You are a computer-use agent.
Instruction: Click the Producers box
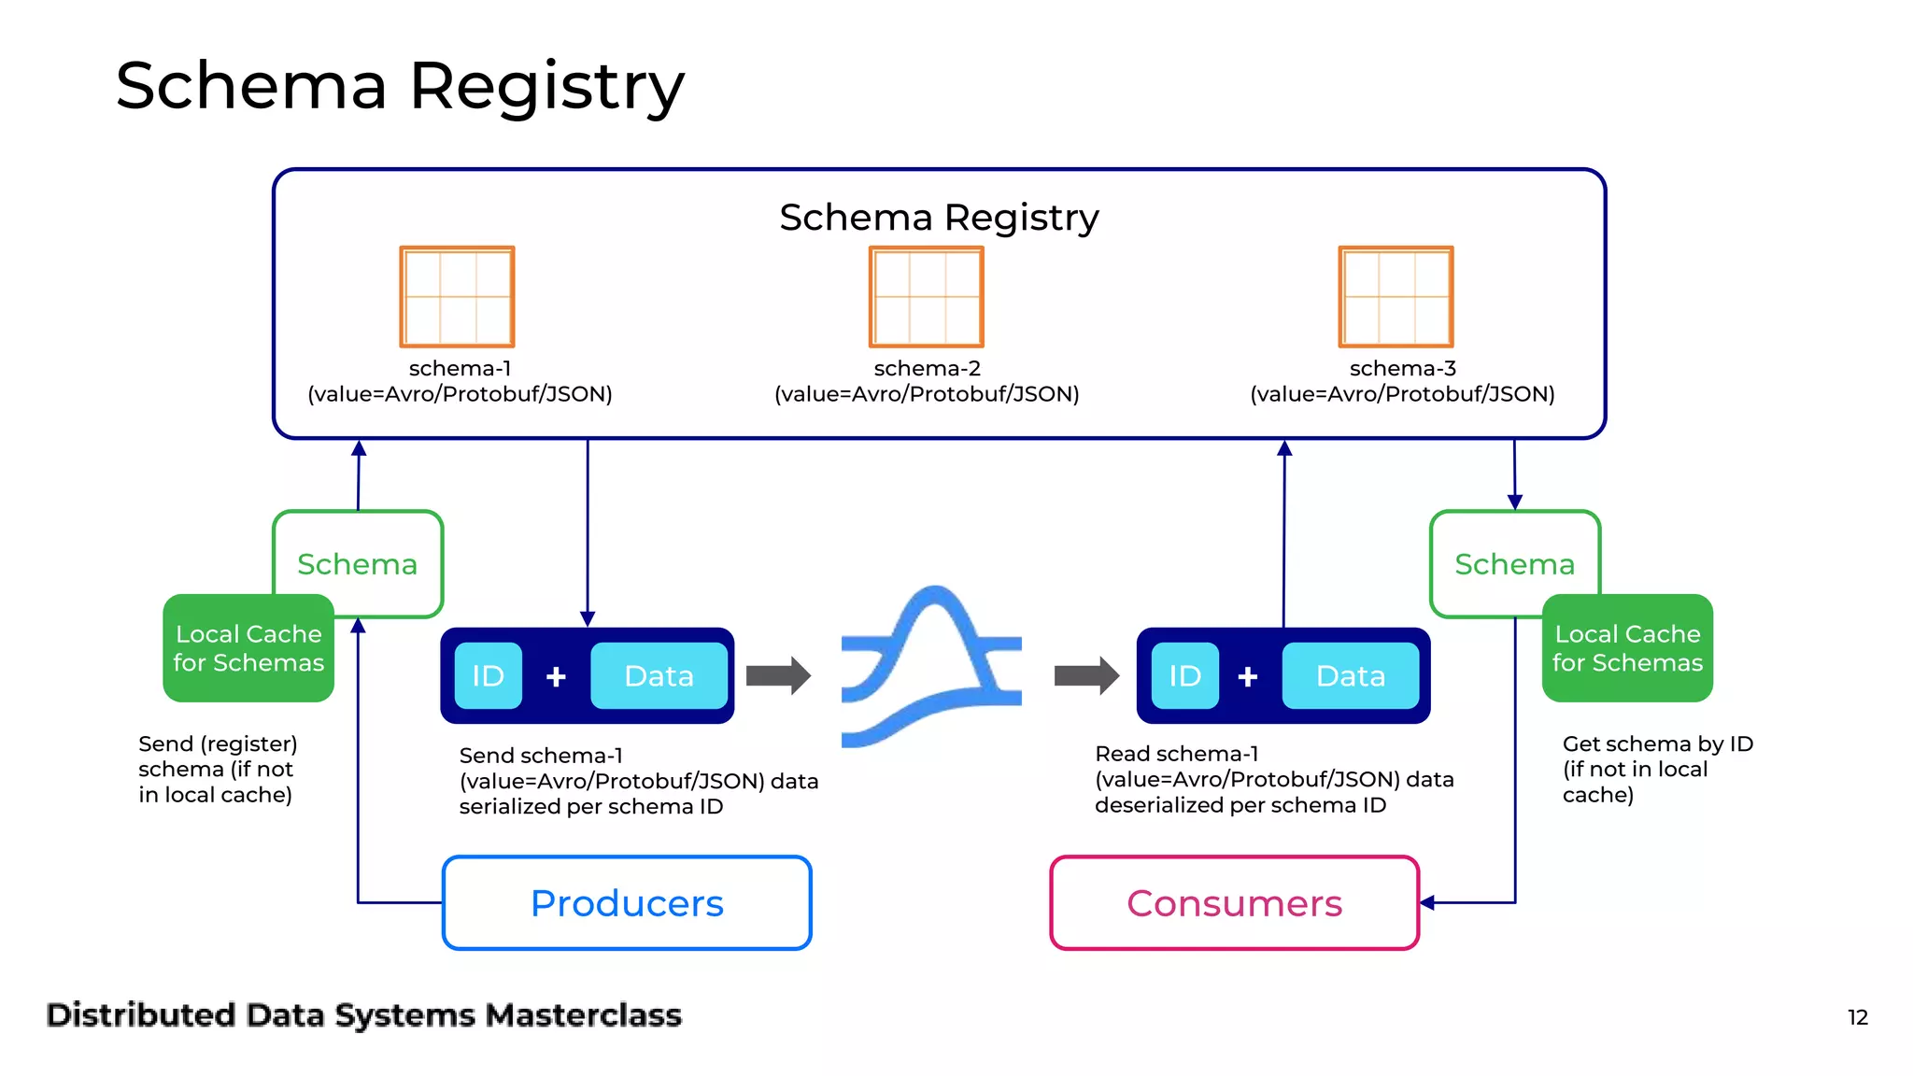pyautogui.click(x=627, y=903)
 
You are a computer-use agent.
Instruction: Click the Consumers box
pyautogui.click(x=1234, y=903)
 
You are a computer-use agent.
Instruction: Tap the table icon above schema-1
pyautogui.click(x=457, y=296)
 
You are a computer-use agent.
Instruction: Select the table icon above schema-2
pyautogui.click(x=926, y=296)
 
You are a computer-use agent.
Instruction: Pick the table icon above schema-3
pyautogui.click(x=1396, y=296)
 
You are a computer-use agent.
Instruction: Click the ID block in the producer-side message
pyautogui.click(x=488, y=675)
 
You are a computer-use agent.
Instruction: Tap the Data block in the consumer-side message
pyautogui.click(x=1350, y=675)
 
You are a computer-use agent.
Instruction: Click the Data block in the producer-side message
pyautogui.click(x=659, y=675)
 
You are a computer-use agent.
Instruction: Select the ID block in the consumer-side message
pyautogui.click(x=1184, y=675)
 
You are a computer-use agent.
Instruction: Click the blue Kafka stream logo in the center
pyautogui.click(x=931, y=668)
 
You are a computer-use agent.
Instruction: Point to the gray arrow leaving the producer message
pyautogui.click(x=778, y=675)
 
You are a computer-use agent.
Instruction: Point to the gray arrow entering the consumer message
pyautogui.click(x=1086, y=675)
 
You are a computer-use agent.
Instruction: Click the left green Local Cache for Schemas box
pyautogui.click(x=248, y=648)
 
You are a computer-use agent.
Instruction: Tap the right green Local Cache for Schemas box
pyautogui.click(x=1627, y=648)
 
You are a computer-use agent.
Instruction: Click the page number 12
pyautogui.click(x=1857, y=1017)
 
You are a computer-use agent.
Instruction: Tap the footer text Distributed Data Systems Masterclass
pyautogui.click(x=364, y=1015)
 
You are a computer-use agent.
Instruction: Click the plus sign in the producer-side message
pyautogui.click(x=556, y=676)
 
